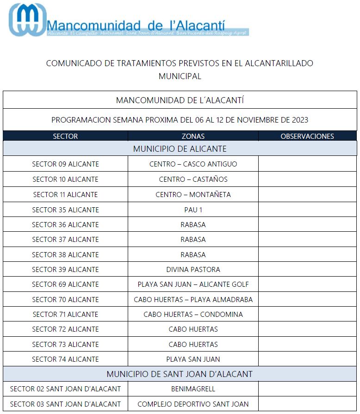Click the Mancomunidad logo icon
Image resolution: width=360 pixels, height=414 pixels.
tap(28, 19)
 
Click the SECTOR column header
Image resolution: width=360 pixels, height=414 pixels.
tap(65, 136)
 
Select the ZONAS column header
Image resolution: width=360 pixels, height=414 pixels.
tap(193, 136)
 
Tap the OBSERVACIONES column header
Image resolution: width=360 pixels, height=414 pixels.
tap(307, 136)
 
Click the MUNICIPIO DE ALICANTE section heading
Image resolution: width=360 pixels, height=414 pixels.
tap(180, 149)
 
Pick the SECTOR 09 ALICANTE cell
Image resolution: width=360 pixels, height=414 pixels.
tap(65, 164)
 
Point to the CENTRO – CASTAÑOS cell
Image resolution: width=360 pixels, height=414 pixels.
tap(193, 179)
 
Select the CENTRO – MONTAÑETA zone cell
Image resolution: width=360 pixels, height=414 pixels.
tap(193, 195)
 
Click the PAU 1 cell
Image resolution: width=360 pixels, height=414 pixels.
tap(193, 210)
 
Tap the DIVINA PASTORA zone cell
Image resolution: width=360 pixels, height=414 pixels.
tap(193, 270)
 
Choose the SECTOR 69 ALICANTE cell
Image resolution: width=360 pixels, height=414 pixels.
tap(65, 284)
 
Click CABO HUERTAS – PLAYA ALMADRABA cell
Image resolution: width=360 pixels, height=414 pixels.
tap(193, 300)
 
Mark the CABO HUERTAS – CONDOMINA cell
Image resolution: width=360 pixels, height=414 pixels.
tap(193, 315)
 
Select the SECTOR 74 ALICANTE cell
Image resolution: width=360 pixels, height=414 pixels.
tap(65, 359)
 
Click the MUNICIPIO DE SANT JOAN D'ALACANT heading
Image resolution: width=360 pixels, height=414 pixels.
tap(180, 374)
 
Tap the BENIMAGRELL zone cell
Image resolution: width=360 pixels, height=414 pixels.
tap(193, 389)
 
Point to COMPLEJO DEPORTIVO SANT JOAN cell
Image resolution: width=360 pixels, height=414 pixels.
tap(193, 404)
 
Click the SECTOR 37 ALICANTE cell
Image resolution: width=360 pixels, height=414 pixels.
tap(65, 240)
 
